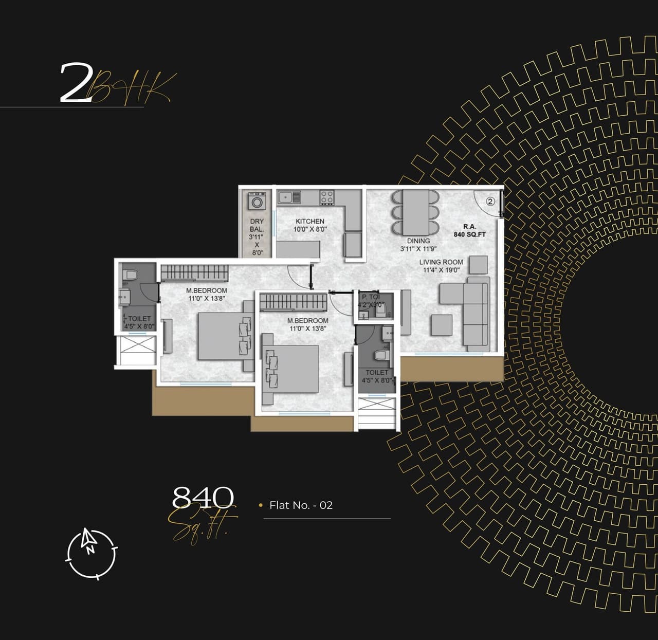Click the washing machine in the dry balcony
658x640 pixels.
(257, 202)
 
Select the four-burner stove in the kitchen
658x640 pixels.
(327, 197)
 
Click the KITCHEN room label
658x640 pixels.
(310, 221)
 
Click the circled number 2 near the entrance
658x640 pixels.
(490, 202)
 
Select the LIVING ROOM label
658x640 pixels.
(441, 262)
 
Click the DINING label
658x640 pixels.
(418, 241)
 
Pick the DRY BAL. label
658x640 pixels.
(257, 225)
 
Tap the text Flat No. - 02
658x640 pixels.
(301, 505)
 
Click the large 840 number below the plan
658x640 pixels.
(203, 497)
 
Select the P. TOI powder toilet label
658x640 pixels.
(371, 297)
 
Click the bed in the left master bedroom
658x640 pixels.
(221, 337)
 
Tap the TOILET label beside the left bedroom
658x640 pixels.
(139, 319)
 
